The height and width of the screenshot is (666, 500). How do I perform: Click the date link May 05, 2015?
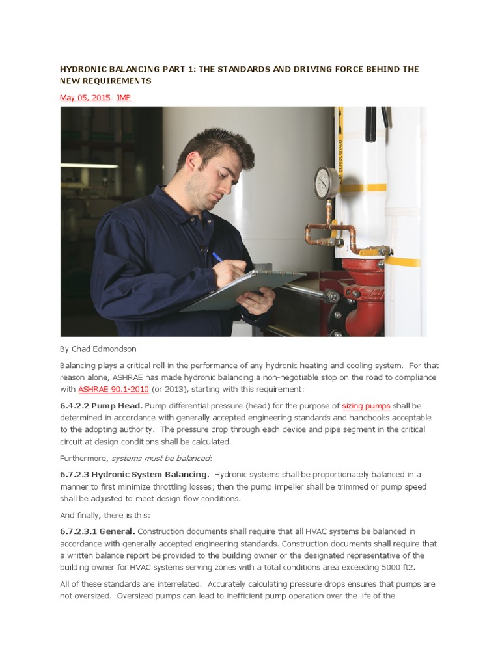(x=85, y=98)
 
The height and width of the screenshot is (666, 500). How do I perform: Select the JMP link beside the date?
(x=123, y=98)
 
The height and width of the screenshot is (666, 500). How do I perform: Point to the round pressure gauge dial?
(x=325, y=182)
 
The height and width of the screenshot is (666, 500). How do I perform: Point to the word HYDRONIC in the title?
(x=83, y=69)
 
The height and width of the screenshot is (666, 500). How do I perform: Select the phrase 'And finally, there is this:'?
(x=105, y=515)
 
